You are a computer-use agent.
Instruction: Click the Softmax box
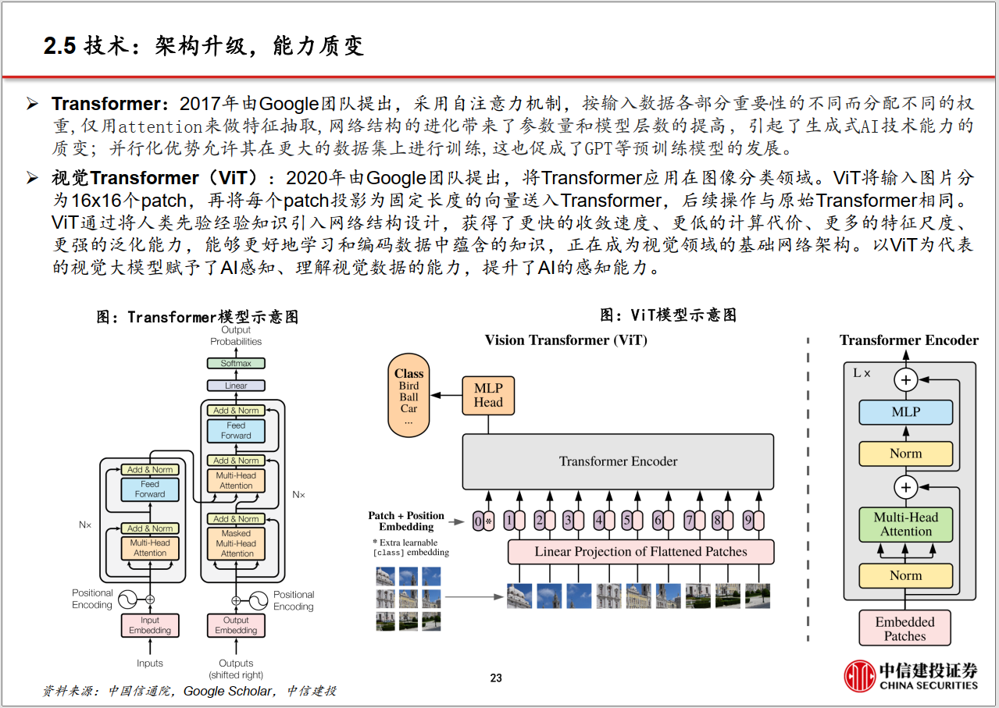236,363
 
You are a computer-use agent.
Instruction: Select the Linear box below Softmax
236,386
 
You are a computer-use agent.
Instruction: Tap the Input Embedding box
150,625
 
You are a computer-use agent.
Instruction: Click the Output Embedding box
236,625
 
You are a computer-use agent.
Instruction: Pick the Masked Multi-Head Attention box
236,543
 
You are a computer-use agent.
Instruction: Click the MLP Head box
488,396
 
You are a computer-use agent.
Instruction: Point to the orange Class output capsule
409,395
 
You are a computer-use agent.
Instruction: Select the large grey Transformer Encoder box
618,461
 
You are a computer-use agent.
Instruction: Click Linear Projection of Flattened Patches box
641,552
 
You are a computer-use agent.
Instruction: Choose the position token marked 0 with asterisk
483,521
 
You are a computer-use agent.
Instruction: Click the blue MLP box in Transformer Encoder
906,412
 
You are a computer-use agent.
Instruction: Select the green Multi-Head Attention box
906,525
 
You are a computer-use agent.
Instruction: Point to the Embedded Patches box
905,628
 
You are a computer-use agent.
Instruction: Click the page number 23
496,678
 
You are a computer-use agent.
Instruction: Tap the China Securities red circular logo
859,676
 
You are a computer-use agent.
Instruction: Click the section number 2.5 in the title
60,46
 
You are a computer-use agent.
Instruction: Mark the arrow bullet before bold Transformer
32,104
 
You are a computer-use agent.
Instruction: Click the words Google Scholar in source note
227,691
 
